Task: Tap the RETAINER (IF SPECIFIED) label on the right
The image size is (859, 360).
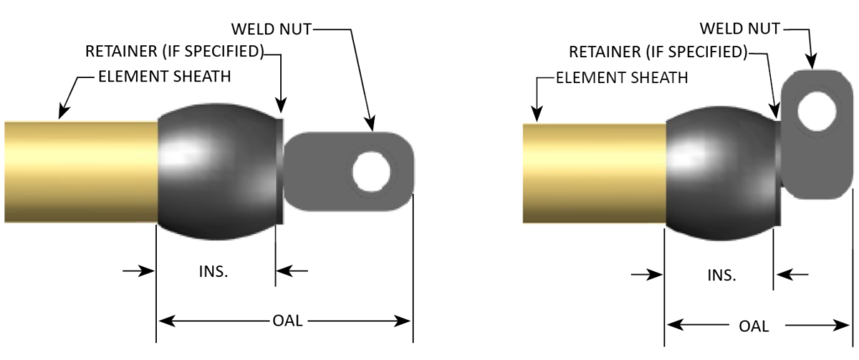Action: click(x=659, y=52)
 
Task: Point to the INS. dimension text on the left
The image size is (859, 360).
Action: click(x=214, y=271)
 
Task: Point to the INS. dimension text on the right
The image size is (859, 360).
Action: click(x=721, y=275)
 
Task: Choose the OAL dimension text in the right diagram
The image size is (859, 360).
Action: click(x=754, y=326)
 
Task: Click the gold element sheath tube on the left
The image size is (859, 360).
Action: click(x=80, y=171)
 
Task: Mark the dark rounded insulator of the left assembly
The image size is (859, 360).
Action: click(x=216, y=171)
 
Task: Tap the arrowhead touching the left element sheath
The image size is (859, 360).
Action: click(x=60, y=112)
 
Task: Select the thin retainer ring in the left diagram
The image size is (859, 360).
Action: click(x=279, y=171)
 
